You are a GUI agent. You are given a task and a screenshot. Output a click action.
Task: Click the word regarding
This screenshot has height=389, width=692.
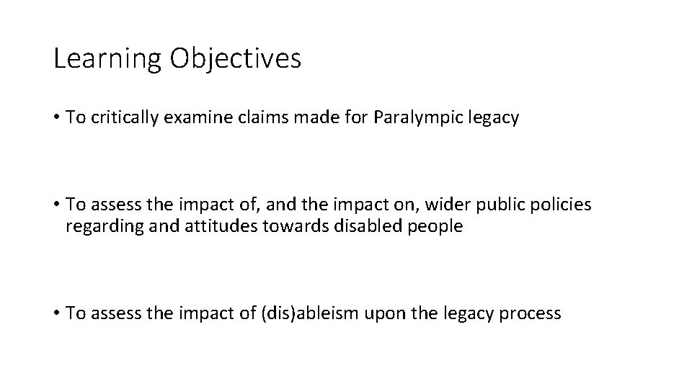click(99, 226)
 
